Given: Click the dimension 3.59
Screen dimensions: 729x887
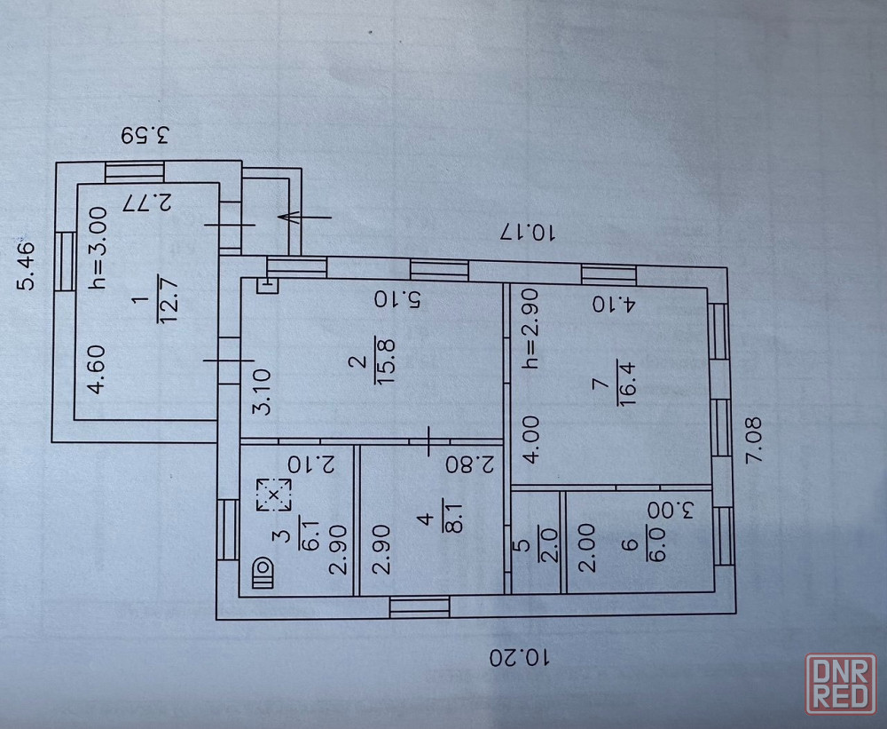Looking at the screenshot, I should (146, 136).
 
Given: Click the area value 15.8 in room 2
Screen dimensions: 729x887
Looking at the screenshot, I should (387, 369).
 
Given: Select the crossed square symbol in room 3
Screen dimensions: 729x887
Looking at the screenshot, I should (274, 494).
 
